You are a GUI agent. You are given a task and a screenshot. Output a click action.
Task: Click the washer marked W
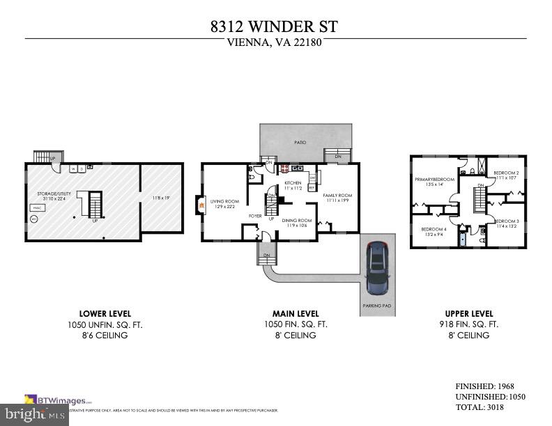tap(72, 168)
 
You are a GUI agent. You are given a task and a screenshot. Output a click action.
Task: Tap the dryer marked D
tap(82, 168)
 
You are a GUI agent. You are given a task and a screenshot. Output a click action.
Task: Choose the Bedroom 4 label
tap(434, 229)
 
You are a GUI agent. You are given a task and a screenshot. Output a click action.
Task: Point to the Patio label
tap(300, 142)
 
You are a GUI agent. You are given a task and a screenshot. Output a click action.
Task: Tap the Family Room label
tap(337, 196)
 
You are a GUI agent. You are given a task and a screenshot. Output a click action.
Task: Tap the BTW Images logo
tap(59, 400)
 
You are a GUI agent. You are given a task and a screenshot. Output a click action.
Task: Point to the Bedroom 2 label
tap(507, 173)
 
